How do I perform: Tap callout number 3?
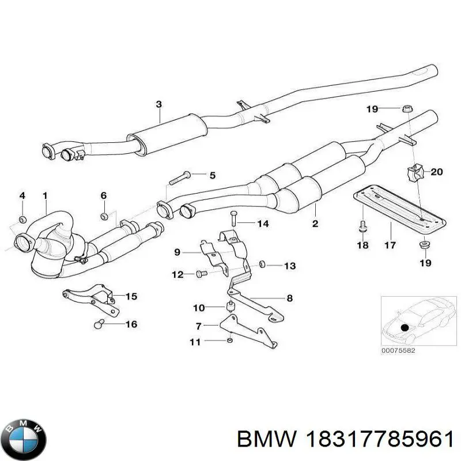tap(158, 104)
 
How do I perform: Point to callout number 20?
tap(436, 171)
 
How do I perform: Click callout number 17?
tap(390, 245)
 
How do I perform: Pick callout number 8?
tap(290, 298)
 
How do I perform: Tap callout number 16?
tap(131, 324)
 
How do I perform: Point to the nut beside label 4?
tap(22, 218)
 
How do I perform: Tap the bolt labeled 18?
tap(362, 226)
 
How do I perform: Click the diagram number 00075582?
tap(398, 350)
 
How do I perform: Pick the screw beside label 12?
tap(201, 274)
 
